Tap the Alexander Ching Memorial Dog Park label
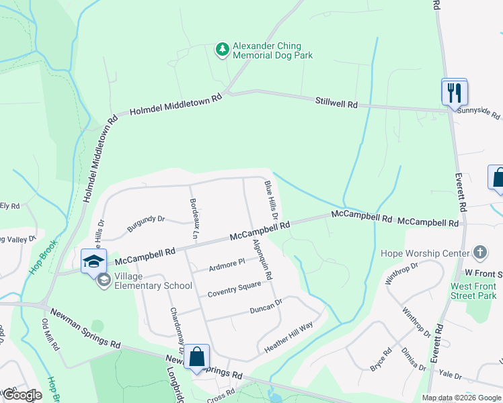272,52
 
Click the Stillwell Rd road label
337,103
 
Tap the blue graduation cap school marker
93,261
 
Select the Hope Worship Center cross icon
479,253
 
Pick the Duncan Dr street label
265,306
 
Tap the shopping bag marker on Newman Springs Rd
197,357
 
